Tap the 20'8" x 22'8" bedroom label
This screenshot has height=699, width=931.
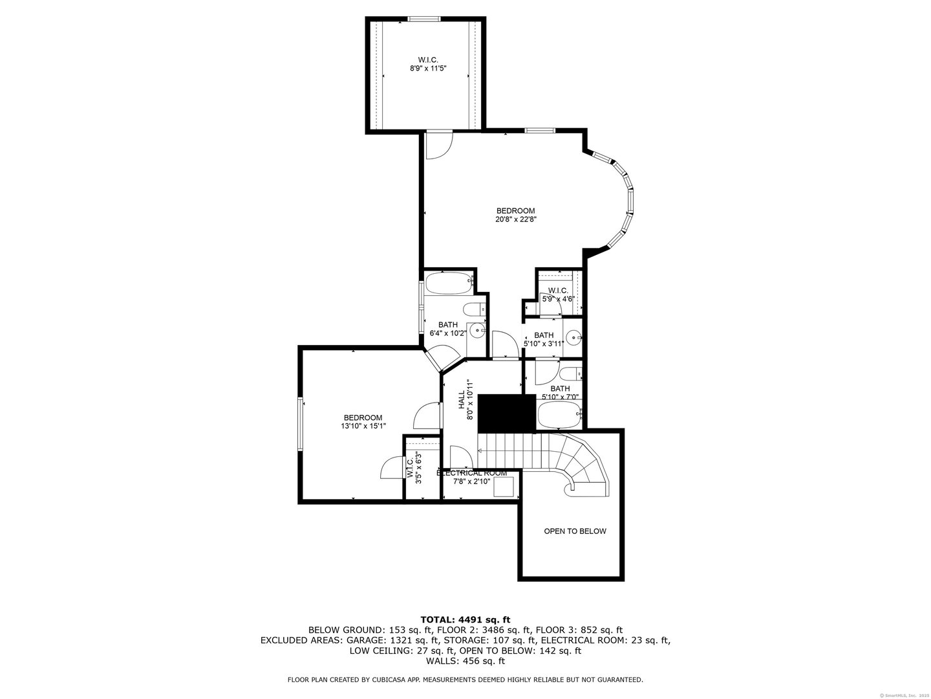515,215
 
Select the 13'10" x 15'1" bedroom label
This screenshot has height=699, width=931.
363,422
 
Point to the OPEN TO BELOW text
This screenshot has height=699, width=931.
575,531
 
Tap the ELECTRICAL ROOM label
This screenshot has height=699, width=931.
472,473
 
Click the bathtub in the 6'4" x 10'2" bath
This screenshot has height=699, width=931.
448,283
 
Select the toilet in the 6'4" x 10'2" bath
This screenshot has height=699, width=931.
475,309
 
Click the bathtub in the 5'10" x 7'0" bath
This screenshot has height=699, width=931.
559,415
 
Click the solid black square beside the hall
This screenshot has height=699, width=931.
507,413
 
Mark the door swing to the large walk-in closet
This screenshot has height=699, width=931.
438,144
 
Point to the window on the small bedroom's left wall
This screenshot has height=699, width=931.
300,425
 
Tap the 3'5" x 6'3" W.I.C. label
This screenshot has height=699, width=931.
413,468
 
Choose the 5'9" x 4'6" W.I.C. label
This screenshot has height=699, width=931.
557,294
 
